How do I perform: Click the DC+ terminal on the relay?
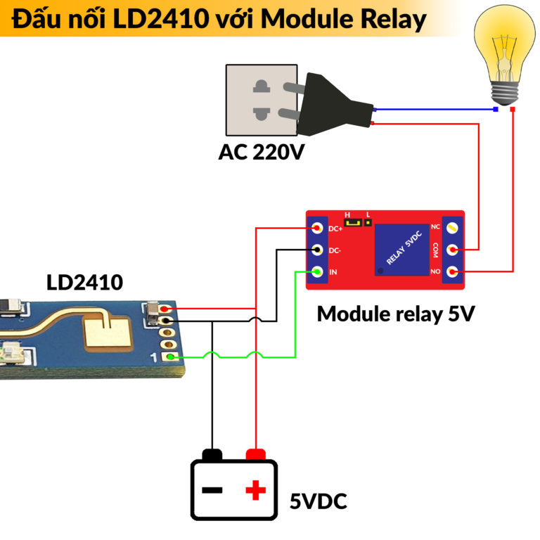click(x=318, y=229)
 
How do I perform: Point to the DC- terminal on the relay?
click(x=318, y=250)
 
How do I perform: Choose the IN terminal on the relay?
click(x=318, y=272)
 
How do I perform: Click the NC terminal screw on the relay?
click(x=453, y=227)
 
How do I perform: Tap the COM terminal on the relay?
click(x=453, y=250)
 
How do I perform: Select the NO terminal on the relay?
click(x=453, y=271)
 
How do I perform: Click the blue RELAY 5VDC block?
click(x=402, y=249)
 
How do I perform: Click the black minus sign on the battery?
click(x=212, y=490)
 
